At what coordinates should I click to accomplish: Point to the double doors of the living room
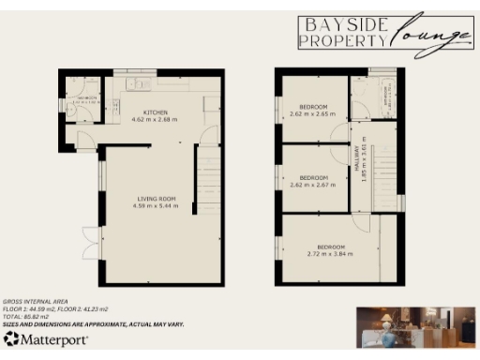tap(89, 243)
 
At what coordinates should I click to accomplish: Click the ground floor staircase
tap(208, 184)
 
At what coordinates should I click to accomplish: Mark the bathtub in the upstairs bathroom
tap(385, 97)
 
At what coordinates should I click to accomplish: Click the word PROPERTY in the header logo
tap(342, 40)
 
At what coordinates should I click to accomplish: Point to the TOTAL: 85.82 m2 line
tap(28, 316)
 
